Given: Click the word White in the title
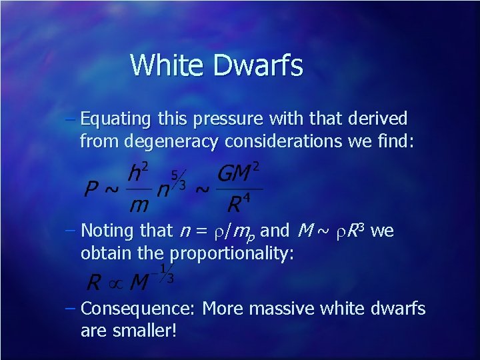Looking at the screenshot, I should [x=166, y=65].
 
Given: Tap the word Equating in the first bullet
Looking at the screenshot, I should [x=117, y=120].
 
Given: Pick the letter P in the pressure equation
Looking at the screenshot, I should [x=93, y=189].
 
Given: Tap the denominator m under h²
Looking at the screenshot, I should [x=138, y=205].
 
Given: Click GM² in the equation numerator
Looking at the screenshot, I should [x=238, y=173].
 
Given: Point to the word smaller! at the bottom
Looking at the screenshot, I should [x=143, y=330].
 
